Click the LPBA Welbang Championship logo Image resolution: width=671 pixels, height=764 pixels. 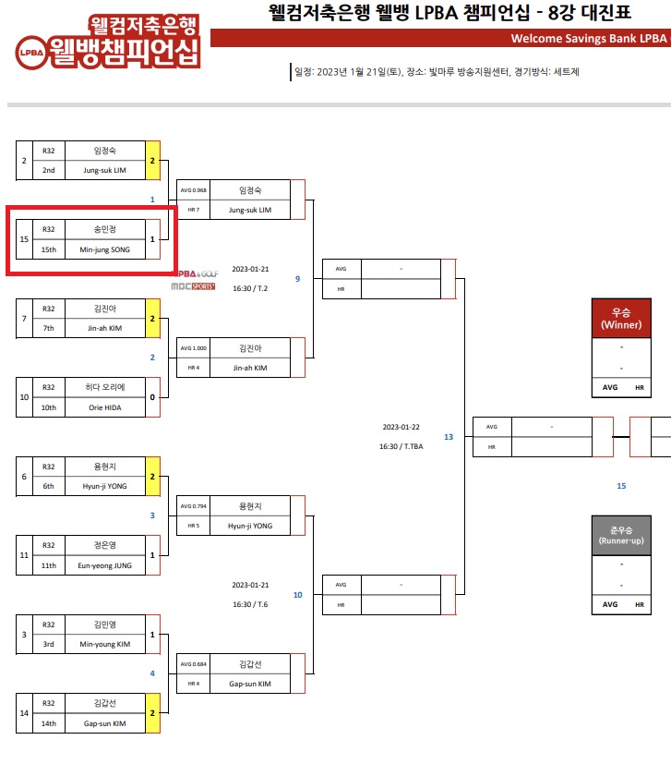pos(108,42)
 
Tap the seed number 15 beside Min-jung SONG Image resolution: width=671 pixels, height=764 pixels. pos(24,239)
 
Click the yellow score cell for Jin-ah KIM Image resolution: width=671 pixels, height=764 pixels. pos(153,319)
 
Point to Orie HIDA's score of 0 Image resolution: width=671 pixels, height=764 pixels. pos(153,396)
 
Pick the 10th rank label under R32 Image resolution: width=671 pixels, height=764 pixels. pos(49,407)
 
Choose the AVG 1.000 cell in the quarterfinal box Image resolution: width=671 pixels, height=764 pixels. pos(194,348)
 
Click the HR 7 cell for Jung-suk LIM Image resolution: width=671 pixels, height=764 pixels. pos(194,210)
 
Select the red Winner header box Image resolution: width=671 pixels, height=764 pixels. pos(621,319)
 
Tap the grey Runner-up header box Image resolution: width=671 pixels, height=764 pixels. pos(621,534)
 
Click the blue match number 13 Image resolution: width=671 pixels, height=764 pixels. pos(449,437)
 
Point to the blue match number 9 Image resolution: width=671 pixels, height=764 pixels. pos(297,278)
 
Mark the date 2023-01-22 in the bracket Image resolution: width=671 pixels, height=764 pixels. pos(401,428)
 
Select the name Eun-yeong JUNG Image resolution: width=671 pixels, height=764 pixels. pos(105,564)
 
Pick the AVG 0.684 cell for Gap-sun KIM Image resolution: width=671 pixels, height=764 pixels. pos(194,664)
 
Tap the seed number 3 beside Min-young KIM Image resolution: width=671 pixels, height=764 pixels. pos(24,635)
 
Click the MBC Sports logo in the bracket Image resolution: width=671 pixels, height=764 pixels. pos(194,286)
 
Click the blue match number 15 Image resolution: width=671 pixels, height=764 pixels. pos(621,485)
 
